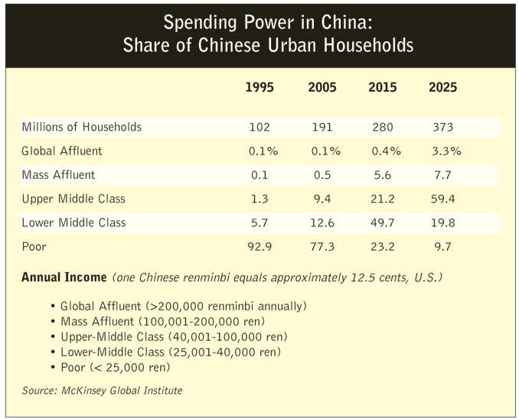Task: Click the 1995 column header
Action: pyautogui.click(x=259, y=87)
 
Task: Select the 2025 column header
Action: pyautogui.click(x=442, y=87)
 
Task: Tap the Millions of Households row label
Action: pyautogui.click(x=82, y=127)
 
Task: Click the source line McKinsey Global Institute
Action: pyautogui.click(x=103, y=391)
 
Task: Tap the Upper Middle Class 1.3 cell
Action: pyautogui.click(x=259, y=200)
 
